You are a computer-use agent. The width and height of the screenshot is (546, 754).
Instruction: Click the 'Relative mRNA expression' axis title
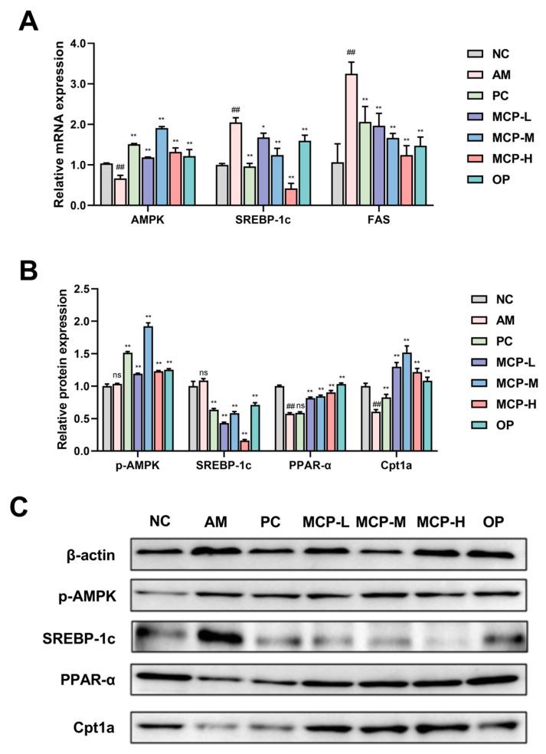click(x=59, y=125)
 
